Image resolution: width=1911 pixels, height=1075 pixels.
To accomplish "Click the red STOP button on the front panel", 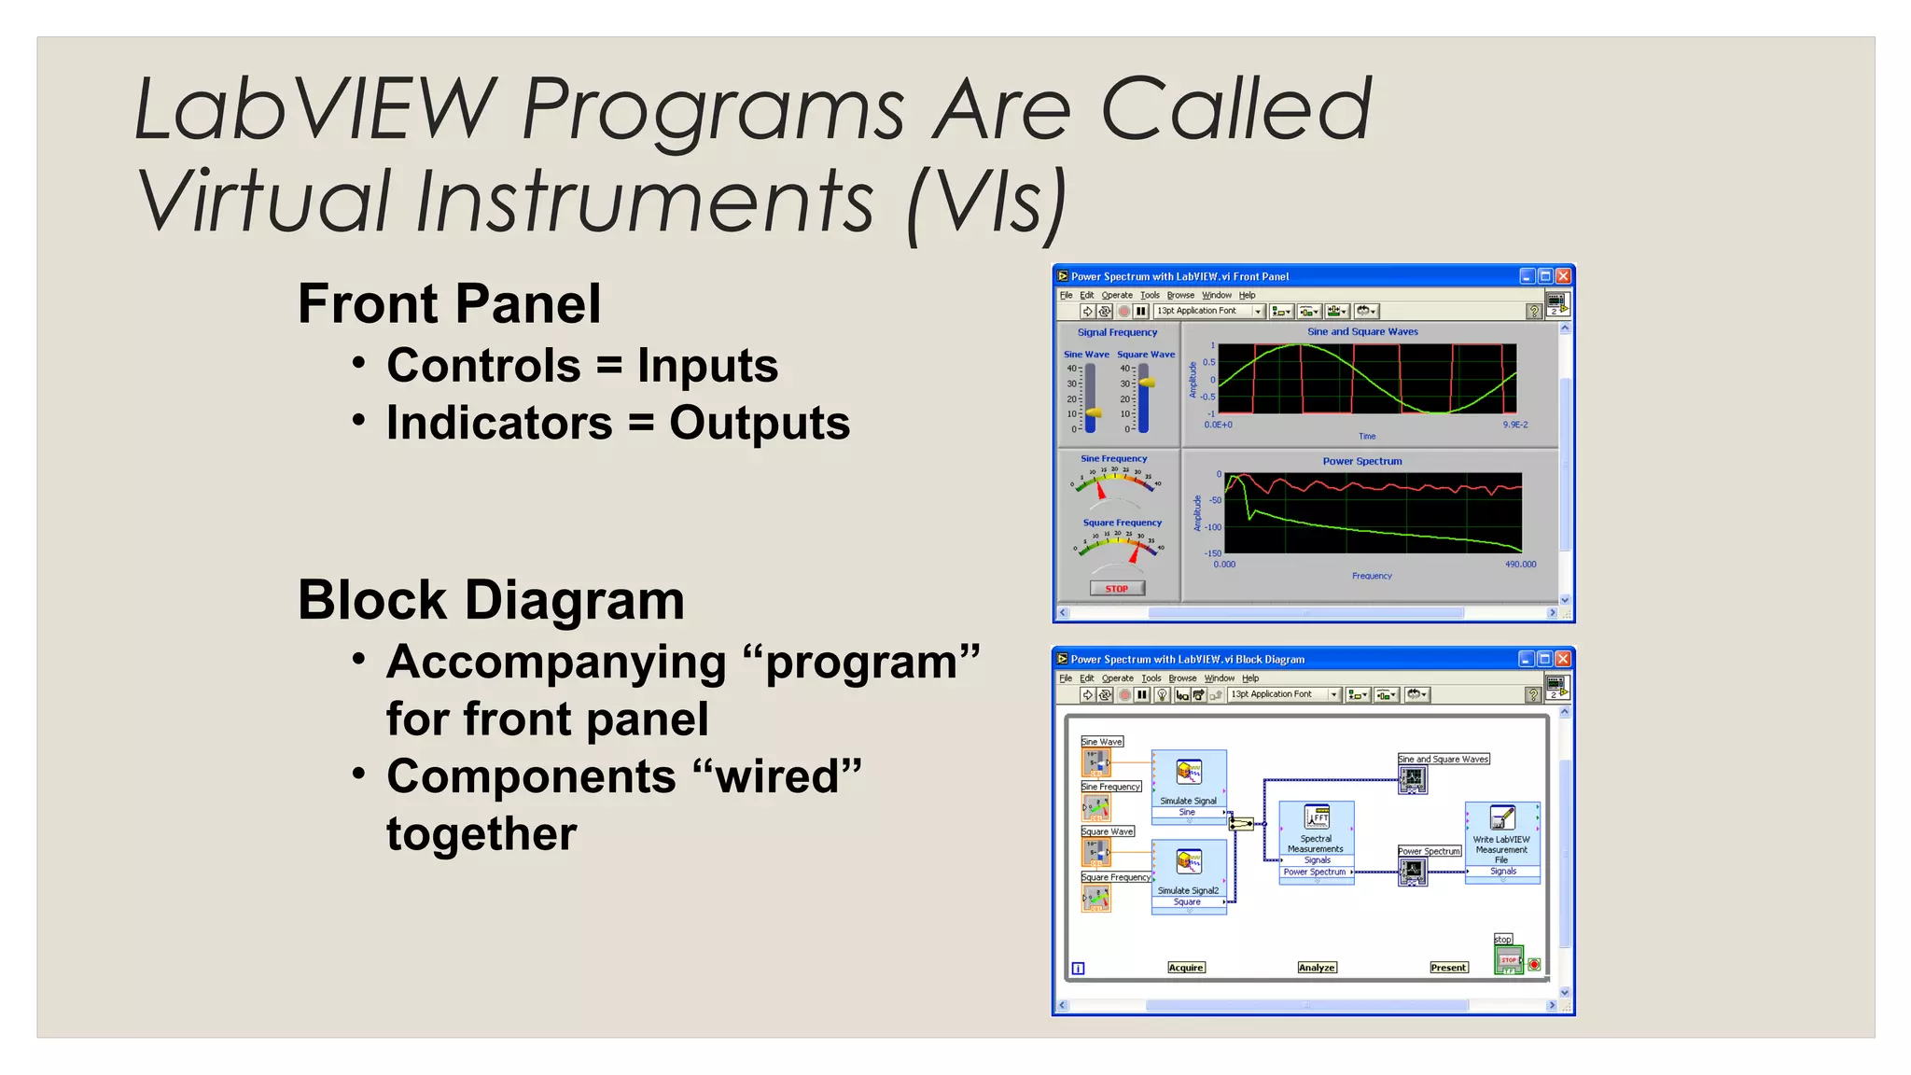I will click(x=1117, y=589).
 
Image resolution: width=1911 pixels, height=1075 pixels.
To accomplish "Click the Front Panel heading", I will click(x=449, y=304).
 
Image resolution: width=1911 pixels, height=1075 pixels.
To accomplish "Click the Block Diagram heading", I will click(x=491, y=600).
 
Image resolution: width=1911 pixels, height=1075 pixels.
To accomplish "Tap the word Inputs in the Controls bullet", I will click(x=707, y=366).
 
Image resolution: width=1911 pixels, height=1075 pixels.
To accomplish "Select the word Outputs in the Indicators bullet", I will click(x=760, y=424).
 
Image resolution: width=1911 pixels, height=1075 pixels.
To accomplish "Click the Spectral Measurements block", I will click(x=1316, y=841).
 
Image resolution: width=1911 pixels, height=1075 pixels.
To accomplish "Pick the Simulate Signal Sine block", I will click(x=1189, y=785).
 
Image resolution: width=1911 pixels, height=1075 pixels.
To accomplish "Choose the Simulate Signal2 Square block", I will click(x=1189, y=875).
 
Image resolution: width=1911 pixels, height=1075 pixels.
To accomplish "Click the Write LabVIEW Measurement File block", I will click(x=1501, y=841).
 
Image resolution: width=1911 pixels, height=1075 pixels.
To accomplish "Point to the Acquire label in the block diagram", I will click(x=1186, y=968).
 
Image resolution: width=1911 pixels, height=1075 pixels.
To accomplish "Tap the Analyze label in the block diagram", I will click(x=1317, y=968).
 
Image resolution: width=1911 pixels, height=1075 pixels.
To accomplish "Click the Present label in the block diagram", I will click(x=1448, y=968).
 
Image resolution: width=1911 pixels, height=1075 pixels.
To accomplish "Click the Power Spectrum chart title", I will click(x=1361, y=461).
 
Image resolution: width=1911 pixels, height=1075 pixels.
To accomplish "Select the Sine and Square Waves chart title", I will click(x=1362, y=331).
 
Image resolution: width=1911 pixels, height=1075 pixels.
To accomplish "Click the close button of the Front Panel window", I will click(x=1563, y=276).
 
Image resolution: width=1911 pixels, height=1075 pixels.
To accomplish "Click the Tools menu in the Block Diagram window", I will click(x=1151, y=678).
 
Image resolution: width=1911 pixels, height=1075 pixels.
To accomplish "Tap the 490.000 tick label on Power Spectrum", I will click(x=1520, y=565).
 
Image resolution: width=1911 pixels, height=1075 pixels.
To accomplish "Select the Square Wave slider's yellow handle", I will click(x=1147, y=383).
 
